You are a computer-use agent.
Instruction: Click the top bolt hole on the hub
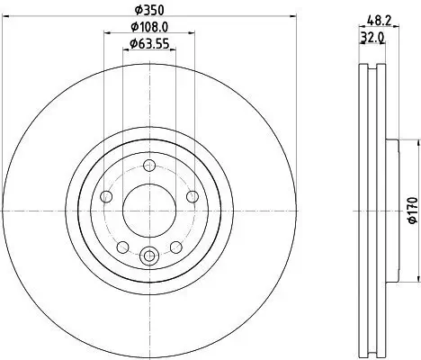pyautogui.click(x=148, y=166)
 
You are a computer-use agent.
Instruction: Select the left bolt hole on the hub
pyautogui.click(x=107, y=196)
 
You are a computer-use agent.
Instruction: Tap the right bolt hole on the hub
pyautogui.click(x=191, y=196)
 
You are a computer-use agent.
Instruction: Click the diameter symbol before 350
pyautogui.click(x=138, y=10)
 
